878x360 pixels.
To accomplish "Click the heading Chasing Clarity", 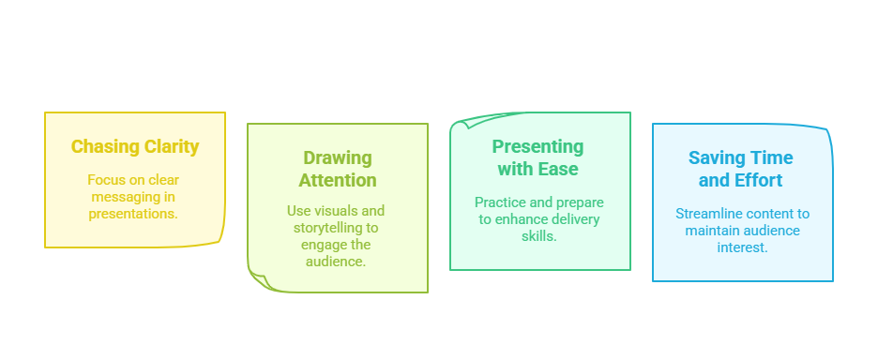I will tap(135, 146).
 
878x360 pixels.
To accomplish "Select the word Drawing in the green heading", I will tap(338, 157).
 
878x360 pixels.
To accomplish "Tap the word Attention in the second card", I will tap(338, 180).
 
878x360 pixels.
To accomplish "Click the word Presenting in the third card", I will tap(537, 147).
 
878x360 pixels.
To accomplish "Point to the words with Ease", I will tap(537, 170).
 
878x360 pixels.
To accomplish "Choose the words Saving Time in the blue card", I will tap(740, 157).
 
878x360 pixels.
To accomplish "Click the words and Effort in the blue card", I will tap(740, 180).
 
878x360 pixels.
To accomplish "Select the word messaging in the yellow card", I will tap(135, 196).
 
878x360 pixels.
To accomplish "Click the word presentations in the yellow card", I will tap(135, 213).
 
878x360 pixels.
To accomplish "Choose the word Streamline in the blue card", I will tap(712, 214).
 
